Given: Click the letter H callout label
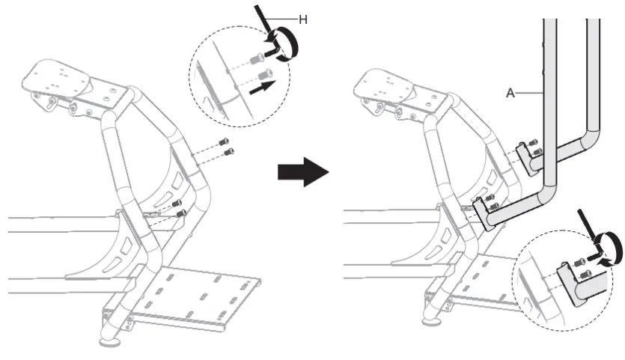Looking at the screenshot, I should (x=302, y=19).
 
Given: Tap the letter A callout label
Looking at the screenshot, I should (x=511, y=93).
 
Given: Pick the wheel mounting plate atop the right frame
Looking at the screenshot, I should (x=389, y=85).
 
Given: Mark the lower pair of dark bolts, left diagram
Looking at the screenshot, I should (x=178, y=207).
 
